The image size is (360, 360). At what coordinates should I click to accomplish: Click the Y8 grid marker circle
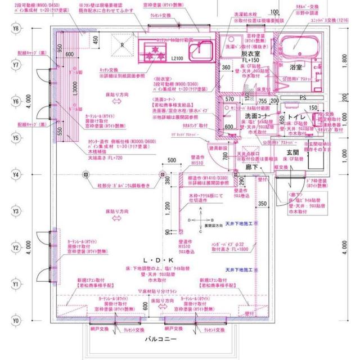pos(16,28)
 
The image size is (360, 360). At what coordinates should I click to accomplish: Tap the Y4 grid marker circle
pos(16,174)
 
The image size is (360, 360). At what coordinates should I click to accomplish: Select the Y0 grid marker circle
pos(16,321)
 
